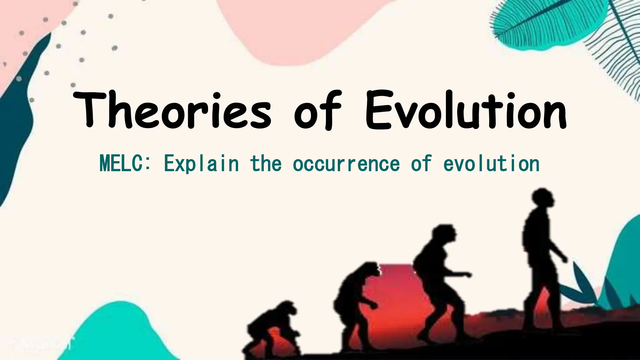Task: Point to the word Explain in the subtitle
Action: pos(201,164)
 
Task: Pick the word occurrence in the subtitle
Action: pos(346,164)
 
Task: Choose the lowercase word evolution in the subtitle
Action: pos(492,164)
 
